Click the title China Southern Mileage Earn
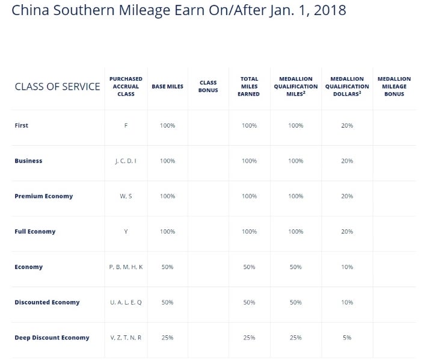pos(179,11)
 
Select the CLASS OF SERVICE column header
pos(57,87)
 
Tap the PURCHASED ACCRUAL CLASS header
pos(126,87)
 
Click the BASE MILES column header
pos(167,87)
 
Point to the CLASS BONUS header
pos(208,87)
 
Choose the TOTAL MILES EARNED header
pos(249,87)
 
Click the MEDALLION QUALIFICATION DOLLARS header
pos(347,87)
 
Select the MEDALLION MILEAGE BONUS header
pos(394,87)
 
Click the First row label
pos(22,125)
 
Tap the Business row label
pos(28,161)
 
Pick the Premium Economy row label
pos(44,196)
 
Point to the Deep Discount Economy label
pos(52,338)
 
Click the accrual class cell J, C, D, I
pos(126,161)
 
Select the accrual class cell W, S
pos(126,196)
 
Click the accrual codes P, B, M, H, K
pos(126,267)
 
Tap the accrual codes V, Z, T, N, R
pos(126,338)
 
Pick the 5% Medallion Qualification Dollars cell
pos(347,338)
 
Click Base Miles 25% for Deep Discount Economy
pos(167,338)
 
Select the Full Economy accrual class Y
pos(126,232)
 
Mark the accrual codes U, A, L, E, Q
pos(126,302)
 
